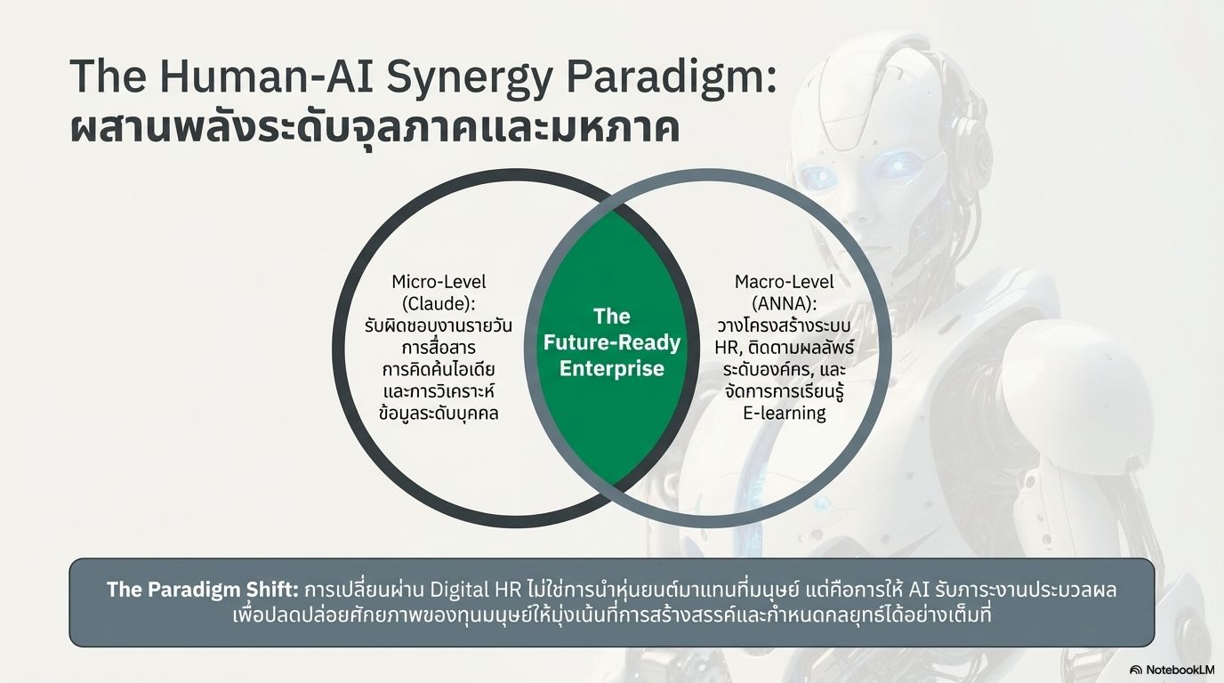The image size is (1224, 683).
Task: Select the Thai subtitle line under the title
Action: coord(374,130)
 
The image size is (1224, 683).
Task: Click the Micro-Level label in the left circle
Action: coord(439,282)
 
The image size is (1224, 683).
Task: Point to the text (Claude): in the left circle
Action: coord(439,304)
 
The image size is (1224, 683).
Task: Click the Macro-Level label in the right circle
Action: coord(785,282)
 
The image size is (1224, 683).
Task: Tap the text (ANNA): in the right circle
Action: coord(785,304)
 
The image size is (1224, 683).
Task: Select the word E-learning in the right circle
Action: coord(785,414)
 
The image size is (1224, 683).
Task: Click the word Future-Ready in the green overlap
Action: coord(611,342)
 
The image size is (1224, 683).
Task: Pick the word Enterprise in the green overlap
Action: coord(611,368)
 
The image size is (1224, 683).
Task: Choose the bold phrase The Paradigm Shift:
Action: coord(203,590)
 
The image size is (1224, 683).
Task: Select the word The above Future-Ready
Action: coord(611,317)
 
